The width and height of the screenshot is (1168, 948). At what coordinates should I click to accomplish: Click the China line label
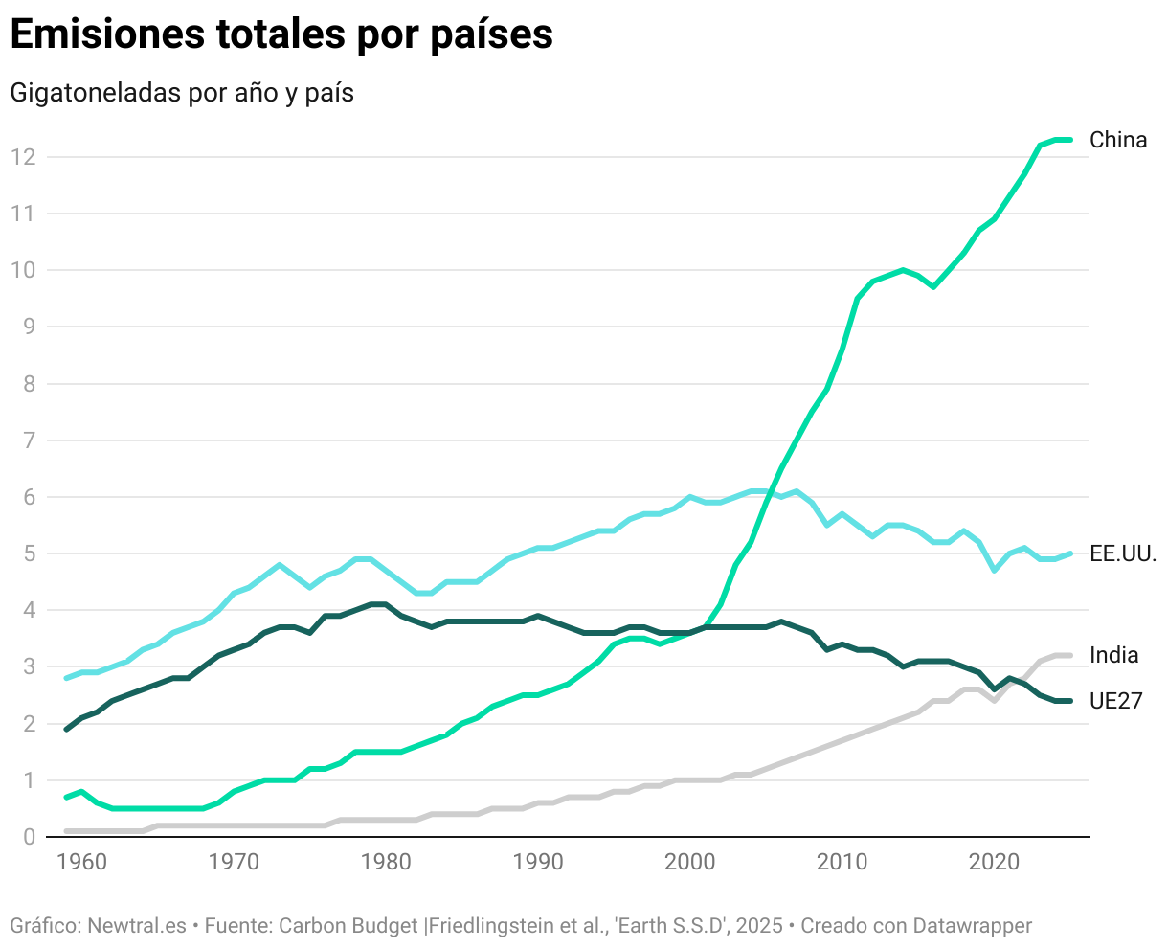coord(1117,140)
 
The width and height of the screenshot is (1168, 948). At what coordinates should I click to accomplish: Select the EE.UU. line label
coord(1123,553)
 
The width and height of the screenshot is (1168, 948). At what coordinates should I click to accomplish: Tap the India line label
coord(1113,655)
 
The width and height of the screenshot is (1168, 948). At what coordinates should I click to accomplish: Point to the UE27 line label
coord(1115,701)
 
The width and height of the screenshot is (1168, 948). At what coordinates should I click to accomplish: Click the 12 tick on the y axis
coord(23,157)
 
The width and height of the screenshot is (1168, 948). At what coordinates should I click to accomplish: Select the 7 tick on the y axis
coord(29,440)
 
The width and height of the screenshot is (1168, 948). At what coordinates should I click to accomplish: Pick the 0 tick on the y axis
coord(29,837)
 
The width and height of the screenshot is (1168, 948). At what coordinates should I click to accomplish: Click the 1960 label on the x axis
coord(82,862)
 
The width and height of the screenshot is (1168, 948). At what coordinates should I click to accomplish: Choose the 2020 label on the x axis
coord(994,862)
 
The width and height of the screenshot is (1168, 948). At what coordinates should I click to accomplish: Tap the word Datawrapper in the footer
coord(972,926)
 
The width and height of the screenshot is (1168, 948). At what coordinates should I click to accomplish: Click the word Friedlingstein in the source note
coord(494,926)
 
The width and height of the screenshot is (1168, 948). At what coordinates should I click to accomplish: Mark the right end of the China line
coord(1069,140)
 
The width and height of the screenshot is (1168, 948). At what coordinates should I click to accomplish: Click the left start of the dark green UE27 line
coord(67,730)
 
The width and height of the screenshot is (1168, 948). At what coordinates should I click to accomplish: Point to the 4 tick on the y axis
coord(29,610)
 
